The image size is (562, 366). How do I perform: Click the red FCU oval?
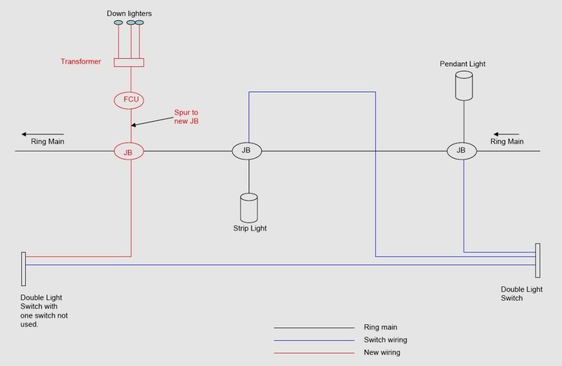coord(128,100)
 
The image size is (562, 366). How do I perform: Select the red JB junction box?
coord(128,151)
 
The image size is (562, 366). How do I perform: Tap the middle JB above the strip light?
coord(246,151)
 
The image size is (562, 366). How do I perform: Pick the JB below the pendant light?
coord(462,151)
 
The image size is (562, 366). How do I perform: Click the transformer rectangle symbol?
coord(129,63)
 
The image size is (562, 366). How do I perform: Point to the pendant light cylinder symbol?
coord(464,86)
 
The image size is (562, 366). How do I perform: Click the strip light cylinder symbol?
coord(249,208)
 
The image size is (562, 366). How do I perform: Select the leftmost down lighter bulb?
coord(119,22)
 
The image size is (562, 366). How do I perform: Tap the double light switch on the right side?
coord(538,260)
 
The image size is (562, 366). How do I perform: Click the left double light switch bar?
coord(24,269)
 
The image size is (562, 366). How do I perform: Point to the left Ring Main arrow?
coord(43,134)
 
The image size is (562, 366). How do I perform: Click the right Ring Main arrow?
coord(506,134)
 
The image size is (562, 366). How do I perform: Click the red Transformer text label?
coord(81,62)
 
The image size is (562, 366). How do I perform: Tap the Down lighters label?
coord(129,13)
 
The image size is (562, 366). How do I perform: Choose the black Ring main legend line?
coord(314,328)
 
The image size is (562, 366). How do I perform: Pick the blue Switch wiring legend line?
coord(314,340)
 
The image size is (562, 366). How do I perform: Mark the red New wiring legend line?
coord(314,353)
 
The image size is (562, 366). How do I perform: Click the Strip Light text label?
coord(250,228)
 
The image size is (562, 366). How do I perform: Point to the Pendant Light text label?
coord(463,64)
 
